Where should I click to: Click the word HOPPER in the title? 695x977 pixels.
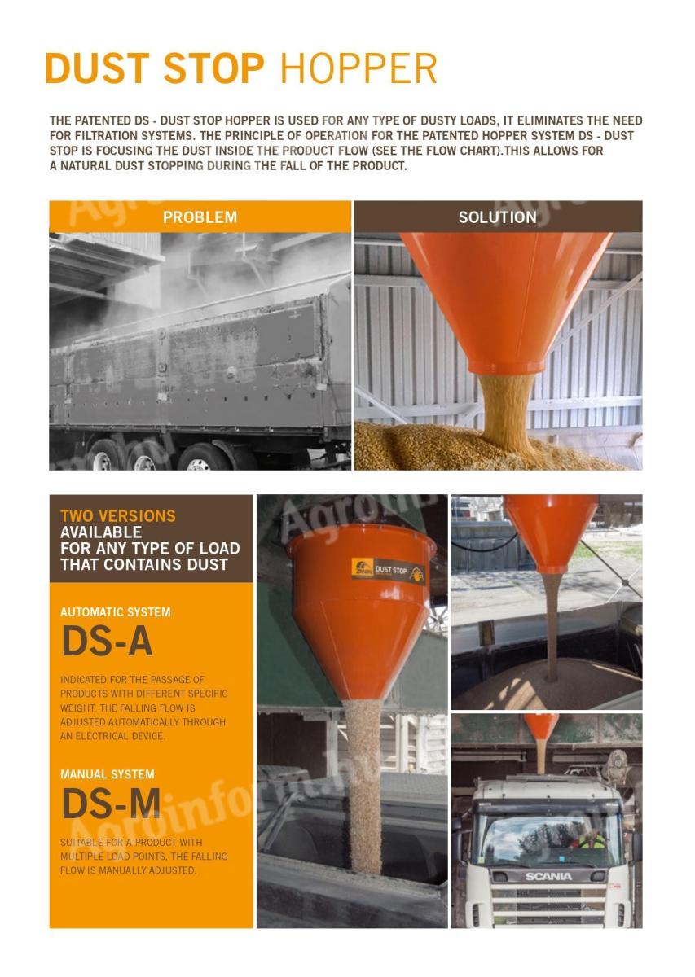pos(358,68)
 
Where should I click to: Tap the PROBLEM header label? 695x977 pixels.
pos(200,217)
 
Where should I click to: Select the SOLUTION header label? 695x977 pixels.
pos(497,217)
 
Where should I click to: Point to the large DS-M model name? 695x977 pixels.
pos(111,804)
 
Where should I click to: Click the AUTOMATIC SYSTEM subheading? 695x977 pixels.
pos(116,611)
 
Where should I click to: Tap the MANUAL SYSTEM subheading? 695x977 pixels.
pos(107,774)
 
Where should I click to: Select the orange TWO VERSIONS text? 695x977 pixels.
pos(117,516)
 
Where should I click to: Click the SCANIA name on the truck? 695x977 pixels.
pos(548,876)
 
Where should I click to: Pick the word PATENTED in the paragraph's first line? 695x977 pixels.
pos(101,120)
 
